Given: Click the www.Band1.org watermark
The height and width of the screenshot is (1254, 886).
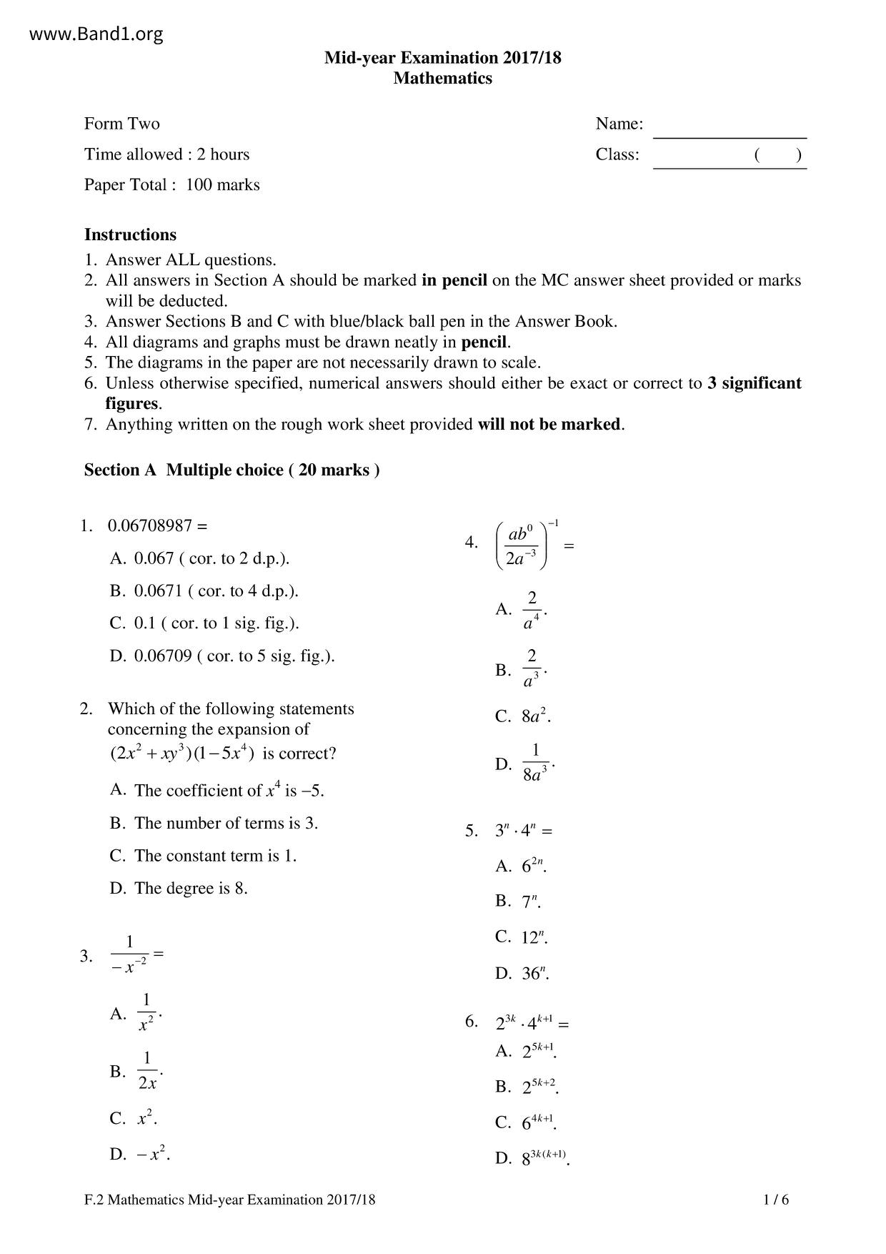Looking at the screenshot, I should (97, 34).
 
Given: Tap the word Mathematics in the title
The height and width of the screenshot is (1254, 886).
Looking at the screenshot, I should (442, 78).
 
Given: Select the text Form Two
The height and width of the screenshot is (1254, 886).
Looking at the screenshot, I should (122, 124).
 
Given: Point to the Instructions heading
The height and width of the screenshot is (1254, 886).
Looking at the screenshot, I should (130, 234).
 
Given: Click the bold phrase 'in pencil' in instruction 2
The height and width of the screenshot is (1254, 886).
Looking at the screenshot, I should (454, 280).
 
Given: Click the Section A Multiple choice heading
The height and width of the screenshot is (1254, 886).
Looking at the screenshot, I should (232, 470).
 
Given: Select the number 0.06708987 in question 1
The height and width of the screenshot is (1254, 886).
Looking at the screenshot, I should (150, 525).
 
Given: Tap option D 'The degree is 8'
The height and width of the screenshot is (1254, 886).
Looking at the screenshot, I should (179, 888).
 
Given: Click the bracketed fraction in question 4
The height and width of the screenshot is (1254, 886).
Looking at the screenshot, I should (522, 545).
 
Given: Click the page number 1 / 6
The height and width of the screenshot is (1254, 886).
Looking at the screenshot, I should (776, 1200).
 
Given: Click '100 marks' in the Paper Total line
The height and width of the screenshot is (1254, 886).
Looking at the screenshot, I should (223, 184).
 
